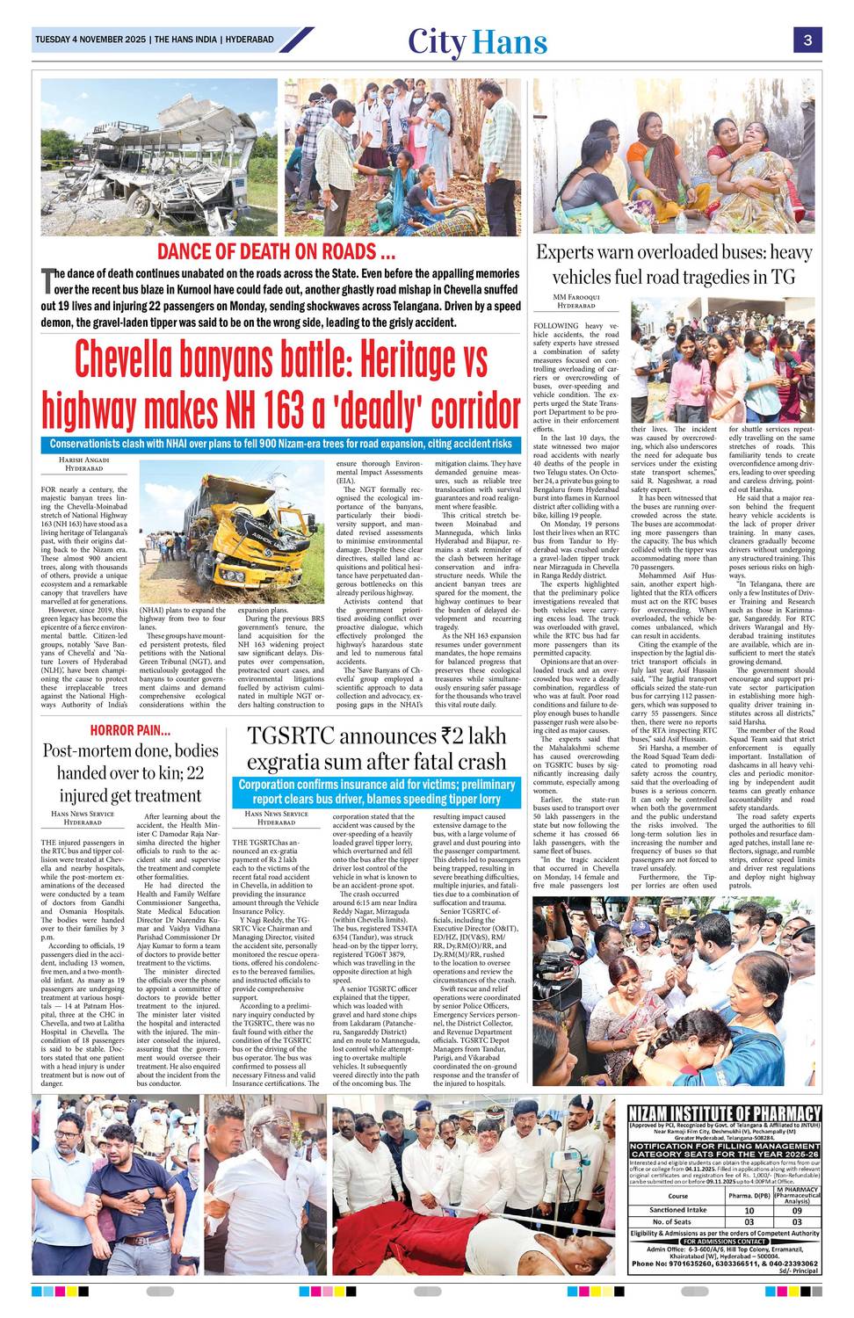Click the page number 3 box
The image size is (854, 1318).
point(807,40)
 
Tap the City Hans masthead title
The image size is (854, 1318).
point(477,41)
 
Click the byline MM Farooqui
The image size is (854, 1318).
point(576,298)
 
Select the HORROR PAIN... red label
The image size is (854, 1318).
point(130,730)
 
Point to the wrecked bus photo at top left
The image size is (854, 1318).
point(158,158)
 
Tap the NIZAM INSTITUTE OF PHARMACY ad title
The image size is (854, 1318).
point(725,1114)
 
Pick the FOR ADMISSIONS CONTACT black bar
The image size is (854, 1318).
point(725,1241)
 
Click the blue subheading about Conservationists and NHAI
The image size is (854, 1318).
point(280,444)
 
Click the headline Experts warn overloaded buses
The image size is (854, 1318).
point(673,264)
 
